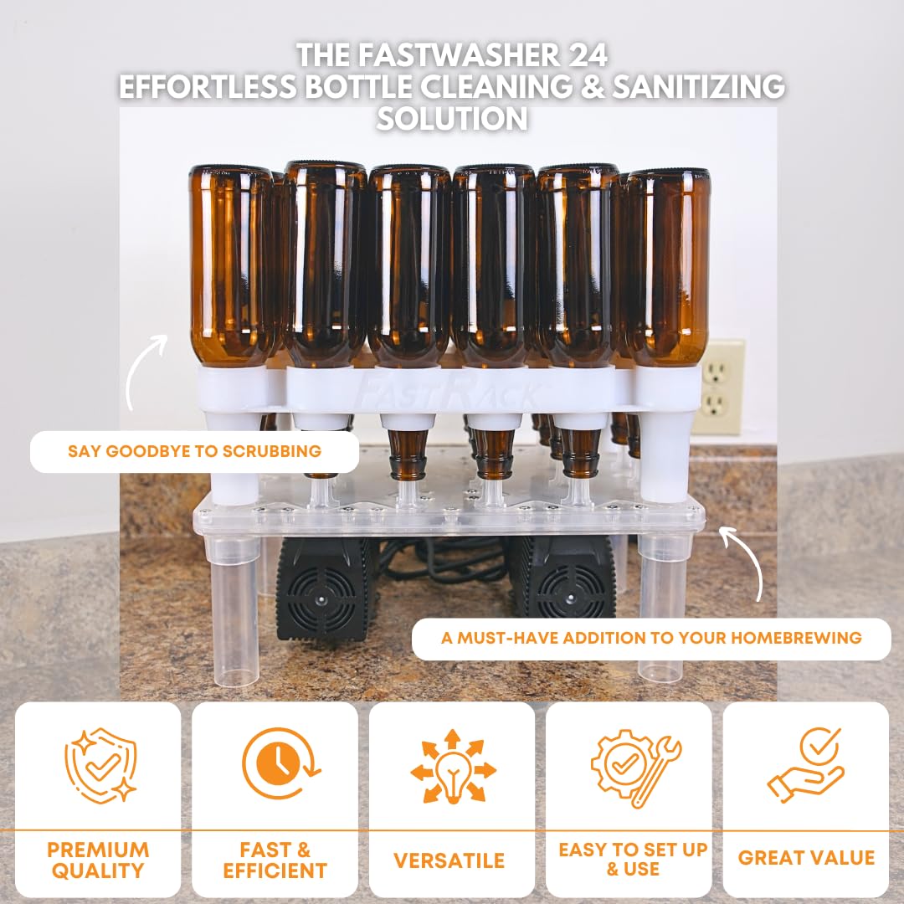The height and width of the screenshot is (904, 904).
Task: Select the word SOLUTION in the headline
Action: tap(452, 119)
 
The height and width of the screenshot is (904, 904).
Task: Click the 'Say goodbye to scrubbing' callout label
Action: tap(194, 451)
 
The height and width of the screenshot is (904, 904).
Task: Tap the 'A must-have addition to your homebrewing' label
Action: tap(651, 638)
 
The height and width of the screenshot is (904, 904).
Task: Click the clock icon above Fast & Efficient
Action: tap(280, 763)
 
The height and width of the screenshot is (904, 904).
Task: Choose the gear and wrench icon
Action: tap(635, 768)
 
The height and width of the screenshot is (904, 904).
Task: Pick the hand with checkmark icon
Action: tap(806, 766)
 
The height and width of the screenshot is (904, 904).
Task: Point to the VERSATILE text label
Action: tap(449, 860)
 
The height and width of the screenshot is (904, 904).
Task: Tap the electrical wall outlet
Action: tap(717, 387)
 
